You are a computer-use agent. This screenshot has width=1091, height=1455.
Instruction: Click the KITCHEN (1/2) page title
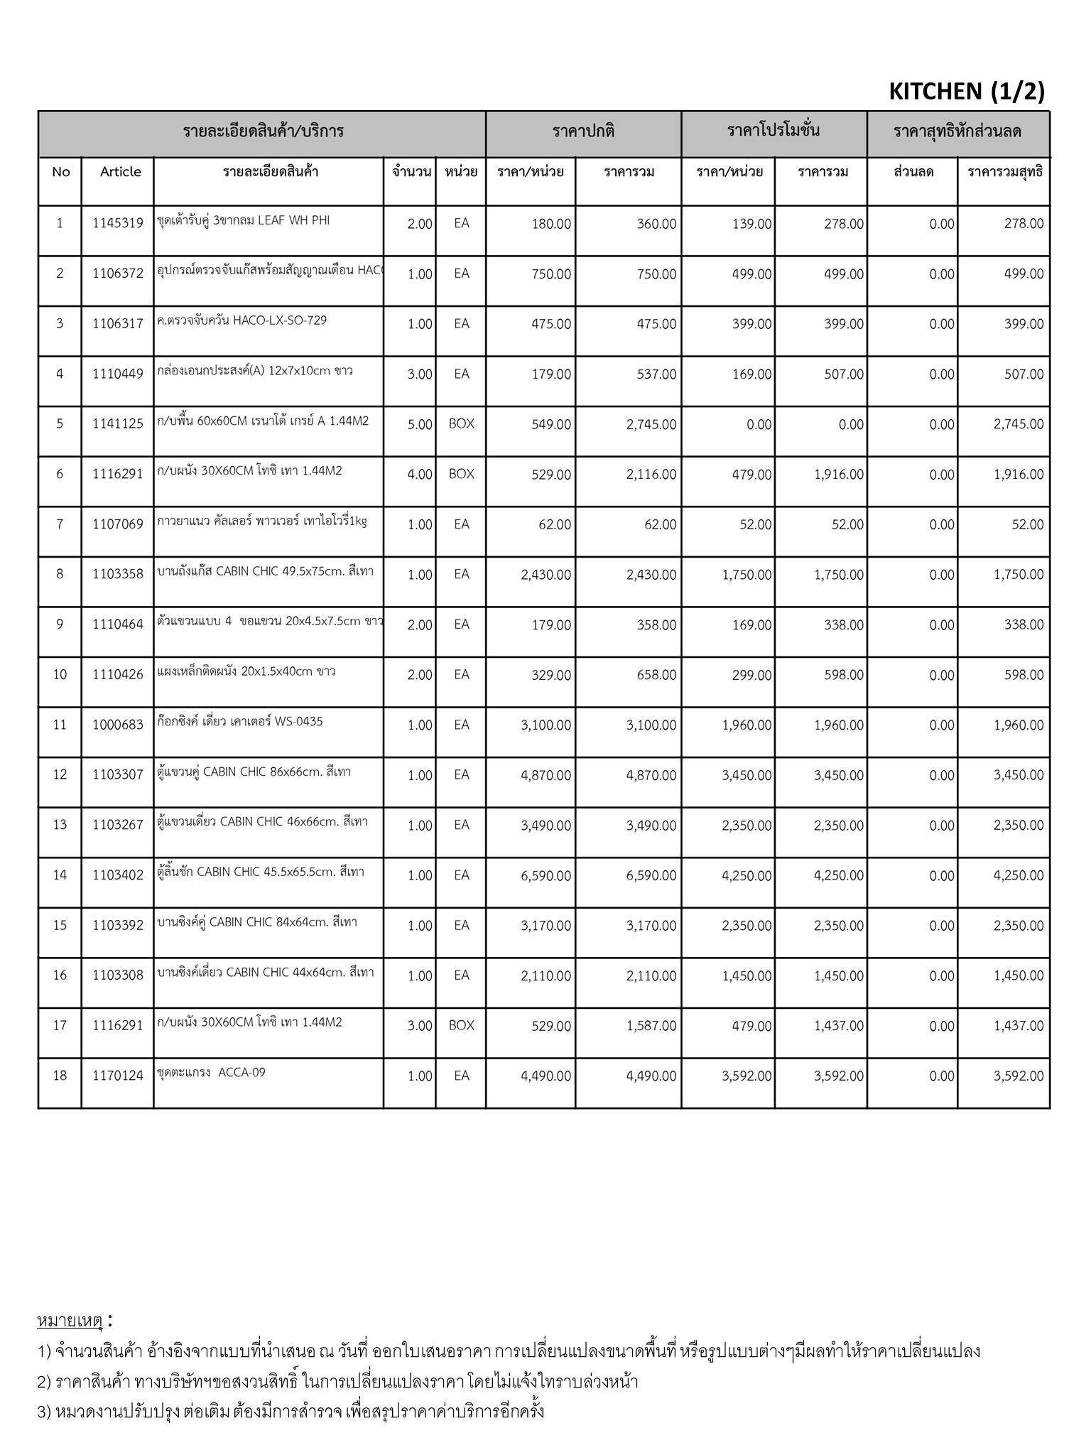click(966, 91)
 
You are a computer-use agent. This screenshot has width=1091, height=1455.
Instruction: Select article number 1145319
click(117, 224)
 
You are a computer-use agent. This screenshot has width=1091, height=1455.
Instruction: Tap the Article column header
click(120, 172)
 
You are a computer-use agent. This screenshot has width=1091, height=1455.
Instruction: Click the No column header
click(60, 172)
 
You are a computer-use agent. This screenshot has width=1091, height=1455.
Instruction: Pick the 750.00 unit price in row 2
click(550, 274)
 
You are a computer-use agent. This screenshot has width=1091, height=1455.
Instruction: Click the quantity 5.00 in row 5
click(420, 425)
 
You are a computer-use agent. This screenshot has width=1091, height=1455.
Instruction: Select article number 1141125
click(117, 424)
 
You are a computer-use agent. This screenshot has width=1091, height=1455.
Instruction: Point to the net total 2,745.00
click(1018, 425)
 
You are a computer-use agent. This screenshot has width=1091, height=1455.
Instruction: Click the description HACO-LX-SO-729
click(241, 320)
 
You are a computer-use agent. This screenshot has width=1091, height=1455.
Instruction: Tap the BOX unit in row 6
click(461, 474)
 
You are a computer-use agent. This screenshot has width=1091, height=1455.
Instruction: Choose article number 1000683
click(117, 725)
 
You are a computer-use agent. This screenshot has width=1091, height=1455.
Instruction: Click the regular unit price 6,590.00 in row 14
click(545, 876)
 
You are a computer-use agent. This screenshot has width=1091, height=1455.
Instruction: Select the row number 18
click(60, 1076)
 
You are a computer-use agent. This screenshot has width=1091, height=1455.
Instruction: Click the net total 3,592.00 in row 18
click(1018, 1076)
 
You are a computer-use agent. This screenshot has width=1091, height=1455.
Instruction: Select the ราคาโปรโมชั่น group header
click(774, 131)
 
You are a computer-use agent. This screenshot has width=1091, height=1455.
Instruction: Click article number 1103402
click(117, 876)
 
